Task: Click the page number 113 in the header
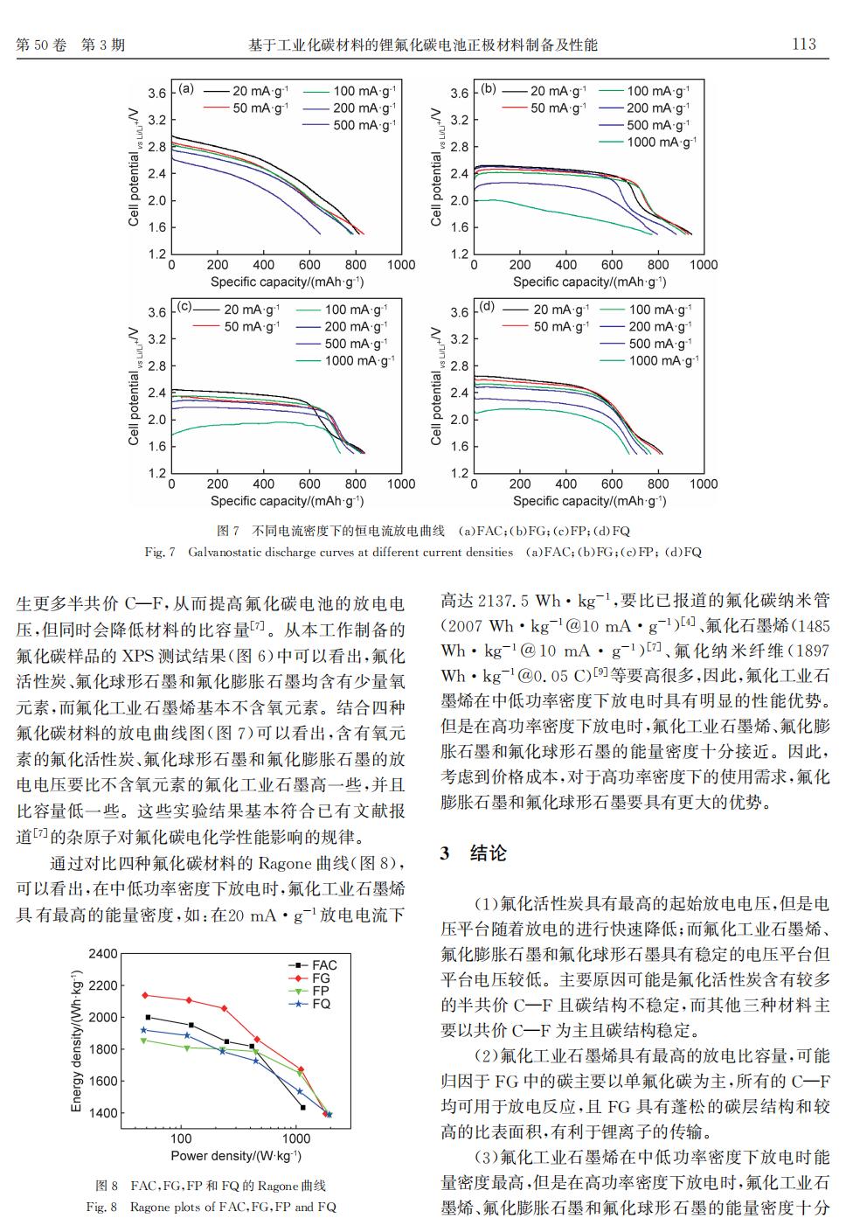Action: [x=804, y=44]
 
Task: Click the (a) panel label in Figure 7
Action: [x=186, y=89]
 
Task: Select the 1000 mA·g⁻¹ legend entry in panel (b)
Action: [x=648, y=142]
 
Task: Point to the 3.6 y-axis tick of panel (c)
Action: [x=156, y=312]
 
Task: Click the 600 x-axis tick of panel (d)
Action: [x=612, y=484]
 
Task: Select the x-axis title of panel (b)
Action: [x=589, y=282]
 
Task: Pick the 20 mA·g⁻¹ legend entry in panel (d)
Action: [x=546, y=310]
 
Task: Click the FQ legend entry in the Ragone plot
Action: [x=309, y=1005]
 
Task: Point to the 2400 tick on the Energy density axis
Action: [x=103, y=953]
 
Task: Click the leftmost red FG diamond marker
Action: [x=145, y=995]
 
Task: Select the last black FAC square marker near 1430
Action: [x=303, y=1107]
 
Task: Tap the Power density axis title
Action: [x=236, y=1156]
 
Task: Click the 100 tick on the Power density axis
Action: [x=181, y=1138]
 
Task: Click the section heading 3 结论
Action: [x=473, y=853]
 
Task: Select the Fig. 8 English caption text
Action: [x=211, y=1208]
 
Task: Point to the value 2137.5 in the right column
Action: [x=503, y=601]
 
